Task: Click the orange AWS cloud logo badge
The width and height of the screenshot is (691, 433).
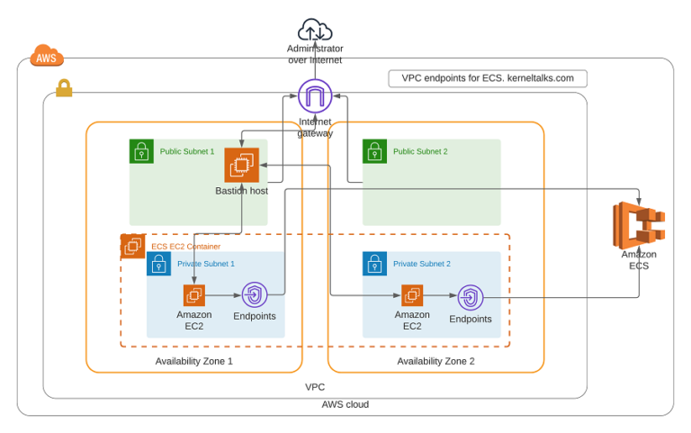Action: [x=47, y=57]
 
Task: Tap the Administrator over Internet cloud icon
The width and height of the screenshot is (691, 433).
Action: [x=315, y=30]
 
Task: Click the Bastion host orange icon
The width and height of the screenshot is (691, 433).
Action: [x=241, y=166]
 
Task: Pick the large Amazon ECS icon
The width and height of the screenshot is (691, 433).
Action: [x=639, y=225]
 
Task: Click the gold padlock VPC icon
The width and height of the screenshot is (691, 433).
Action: [x=64, y=88]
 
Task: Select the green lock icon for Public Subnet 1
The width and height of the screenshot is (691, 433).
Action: [x=141, y=151]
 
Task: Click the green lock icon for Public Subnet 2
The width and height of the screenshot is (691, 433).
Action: [x=374, y=151]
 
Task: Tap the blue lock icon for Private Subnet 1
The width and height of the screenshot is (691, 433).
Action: [x=158, y=264]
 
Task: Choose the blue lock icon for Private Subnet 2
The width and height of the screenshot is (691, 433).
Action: [x=374, y=264]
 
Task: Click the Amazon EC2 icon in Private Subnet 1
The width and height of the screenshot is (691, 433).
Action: [x=194, y=295]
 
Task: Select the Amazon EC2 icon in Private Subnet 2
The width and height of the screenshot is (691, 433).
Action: [x=412, y=295]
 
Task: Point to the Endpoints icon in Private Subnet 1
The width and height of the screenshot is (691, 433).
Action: [x=255, y=295]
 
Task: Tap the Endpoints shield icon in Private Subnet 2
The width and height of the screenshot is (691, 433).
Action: [x=471, y=297]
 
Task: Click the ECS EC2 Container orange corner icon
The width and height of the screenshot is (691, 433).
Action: [x=132, y=245]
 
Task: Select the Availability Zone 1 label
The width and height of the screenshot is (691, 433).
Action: [x=193, y=361]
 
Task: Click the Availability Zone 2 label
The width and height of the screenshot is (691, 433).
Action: [x=435, y=361]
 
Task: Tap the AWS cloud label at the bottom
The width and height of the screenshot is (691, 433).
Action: [x=345, y=404]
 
